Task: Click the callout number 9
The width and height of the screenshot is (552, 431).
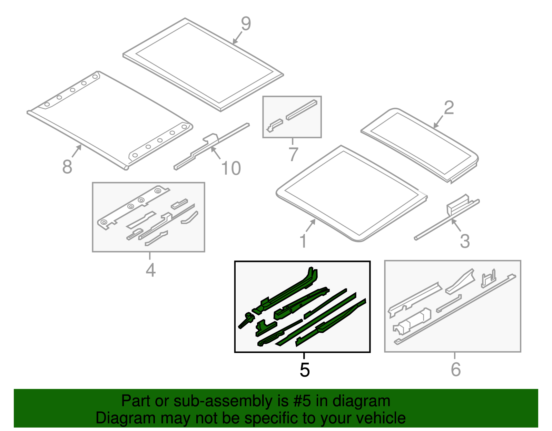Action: pyautogui.click(x=246, y=24)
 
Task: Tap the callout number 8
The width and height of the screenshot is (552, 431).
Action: pyautogui.click(x=67, y=167)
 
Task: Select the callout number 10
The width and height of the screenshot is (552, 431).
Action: pyautogui.click(x=231, y=168)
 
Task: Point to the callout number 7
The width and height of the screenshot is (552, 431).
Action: pyautogui.click(x=293, y=154)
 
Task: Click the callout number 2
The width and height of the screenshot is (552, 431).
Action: pyautogui.click(x=448, y=108)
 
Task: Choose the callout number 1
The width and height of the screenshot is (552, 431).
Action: pyautogui.click(x=303, y=241)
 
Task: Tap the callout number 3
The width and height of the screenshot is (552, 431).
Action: pyautogui.click(x=465, y=241)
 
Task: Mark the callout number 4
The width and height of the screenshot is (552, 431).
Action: pyautogui.click(x=150, y=270)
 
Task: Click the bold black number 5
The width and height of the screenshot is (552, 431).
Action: pyautogui.click(x=304, y=370)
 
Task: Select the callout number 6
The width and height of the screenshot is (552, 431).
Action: pyautogui.click(x=455, y=370)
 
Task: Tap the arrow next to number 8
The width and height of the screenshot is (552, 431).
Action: pyautogui.click(x=77, y=150)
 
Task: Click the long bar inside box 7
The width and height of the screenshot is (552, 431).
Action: pyautogui.click(x=301, y=110)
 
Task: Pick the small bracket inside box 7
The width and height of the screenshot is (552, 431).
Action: pyautogui.click(x=275, y=125)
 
